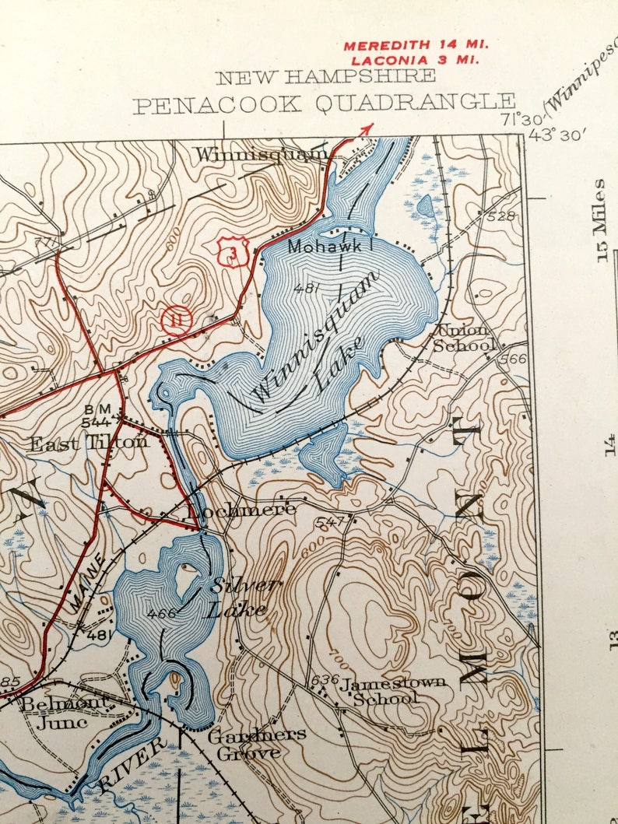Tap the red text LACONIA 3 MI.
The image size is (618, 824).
415,59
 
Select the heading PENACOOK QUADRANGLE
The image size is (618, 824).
324,103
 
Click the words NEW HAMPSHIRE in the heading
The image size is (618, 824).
325,77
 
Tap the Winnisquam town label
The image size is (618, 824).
262,154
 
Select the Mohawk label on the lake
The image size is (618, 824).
325,247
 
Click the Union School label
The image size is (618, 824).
465,338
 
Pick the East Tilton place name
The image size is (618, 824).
88,443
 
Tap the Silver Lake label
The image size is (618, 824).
238,597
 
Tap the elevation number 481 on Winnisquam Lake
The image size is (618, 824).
307,288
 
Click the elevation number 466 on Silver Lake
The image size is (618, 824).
161,613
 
